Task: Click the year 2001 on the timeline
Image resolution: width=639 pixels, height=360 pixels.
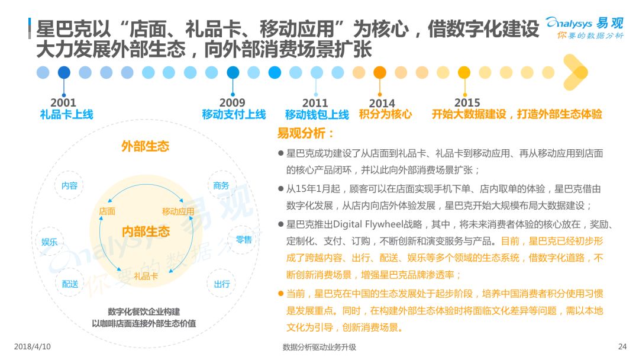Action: coord(63,102)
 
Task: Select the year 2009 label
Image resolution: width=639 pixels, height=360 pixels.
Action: coord(233,102)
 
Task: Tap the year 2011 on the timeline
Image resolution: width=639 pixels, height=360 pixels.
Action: coord(315,103)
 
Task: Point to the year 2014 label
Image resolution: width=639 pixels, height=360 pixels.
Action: coord(382,103)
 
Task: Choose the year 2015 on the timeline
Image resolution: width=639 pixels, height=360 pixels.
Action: coord(467,102)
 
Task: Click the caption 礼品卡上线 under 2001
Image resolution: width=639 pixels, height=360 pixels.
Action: coord(66,114)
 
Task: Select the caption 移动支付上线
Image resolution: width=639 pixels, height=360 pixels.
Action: coord(234,114)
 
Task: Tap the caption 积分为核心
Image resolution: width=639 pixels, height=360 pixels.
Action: coord(386,114)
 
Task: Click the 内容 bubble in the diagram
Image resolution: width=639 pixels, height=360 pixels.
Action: coord(69,185)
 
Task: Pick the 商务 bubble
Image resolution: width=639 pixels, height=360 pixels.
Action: coord(221,185)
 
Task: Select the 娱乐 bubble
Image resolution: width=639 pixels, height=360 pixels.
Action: coord(49,242)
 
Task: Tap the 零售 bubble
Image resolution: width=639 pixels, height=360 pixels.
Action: coord(244,240)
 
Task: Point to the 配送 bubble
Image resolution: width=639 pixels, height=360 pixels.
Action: coord(70,284)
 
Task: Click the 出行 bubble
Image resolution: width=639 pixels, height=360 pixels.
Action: coord(222,284)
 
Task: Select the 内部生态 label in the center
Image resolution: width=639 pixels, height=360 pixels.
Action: coord(146,232)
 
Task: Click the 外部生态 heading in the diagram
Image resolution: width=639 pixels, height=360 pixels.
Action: coord(145,146)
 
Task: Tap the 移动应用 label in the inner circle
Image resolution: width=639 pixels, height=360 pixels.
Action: coord(178,211)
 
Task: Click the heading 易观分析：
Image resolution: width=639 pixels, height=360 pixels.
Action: coord(306,133)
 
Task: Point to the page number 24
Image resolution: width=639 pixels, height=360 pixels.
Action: coord(622,346)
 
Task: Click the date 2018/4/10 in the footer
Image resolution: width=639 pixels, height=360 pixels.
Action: coord(32,346)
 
